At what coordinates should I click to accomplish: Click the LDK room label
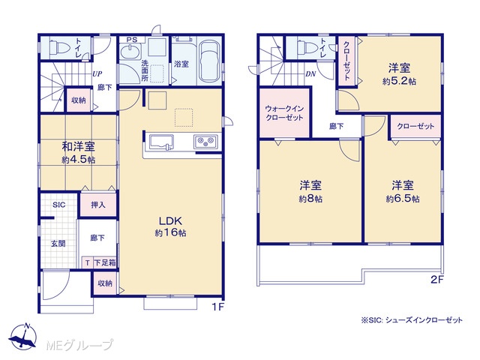coord(170,220)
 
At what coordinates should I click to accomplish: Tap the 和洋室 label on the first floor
coord(78,147)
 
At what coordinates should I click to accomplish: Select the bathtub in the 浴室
coord(209,61)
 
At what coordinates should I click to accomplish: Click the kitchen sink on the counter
coord(161,142)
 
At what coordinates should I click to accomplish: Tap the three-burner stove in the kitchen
coord(205,142)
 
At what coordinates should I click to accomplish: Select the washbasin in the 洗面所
coord(130,51)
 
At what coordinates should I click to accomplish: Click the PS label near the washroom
coord(132,40)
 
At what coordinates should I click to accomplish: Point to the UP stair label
coord(97,73)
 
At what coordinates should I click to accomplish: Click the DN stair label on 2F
coord(310,74)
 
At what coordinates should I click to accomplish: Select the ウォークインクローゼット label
coord(284,113)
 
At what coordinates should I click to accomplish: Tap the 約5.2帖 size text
coord(399,82)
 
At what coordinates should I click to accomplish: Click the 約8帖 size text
coord(310,199)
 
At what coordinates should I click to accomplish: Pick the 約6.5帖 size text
coord(403,199)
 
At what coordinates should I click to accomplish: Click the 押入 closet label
coord(98,205)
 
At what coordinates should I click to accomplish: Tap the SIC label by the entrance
coord(59,205)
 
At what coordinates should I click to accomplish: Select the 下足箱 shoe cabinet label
coord(105,262)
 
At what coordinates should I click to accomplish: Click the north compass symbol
coord(23,336)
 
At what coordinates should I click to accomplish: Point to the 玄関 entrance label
coord(58,244)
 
